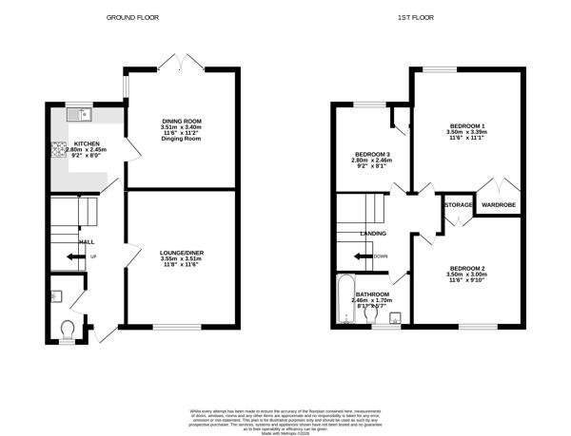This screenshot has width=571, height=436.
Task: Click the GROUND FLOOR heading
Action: (132, 17)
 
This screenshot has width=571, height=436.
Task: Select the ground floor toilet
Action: (67, 328)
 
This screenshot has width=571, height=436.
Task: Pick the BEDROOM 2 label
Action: (467, 268)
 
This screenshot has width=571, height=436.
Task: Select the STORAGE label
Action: (458, 203)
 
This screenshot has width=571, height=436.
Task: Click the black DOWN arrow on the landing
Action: (365, 256)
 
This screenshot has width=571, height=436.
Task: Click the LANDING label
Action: (372, 233)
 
